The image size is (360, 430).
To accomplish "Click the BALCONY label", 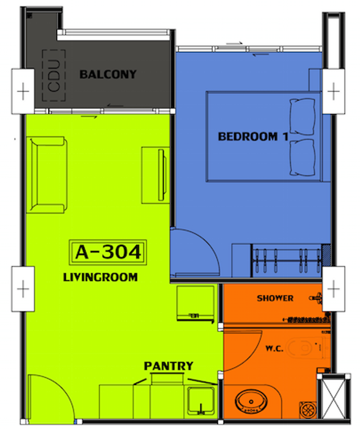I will [108, 74].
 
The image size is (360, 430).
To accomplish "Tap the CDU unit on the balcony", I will [54, 76].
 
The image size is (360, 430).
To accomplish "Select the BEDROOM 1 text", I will [252, 136].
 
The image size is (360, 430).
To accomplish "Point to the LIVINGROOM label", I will [100, 277].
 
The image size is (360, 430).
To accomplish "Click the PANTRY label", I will [168, 366].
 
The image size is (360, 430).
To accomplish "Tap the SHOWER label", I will [275, 298].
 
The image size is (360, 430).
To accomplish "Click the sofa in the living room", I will [47, 174].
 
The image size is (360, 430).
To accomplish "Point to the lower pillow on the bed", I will [302, 158].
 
